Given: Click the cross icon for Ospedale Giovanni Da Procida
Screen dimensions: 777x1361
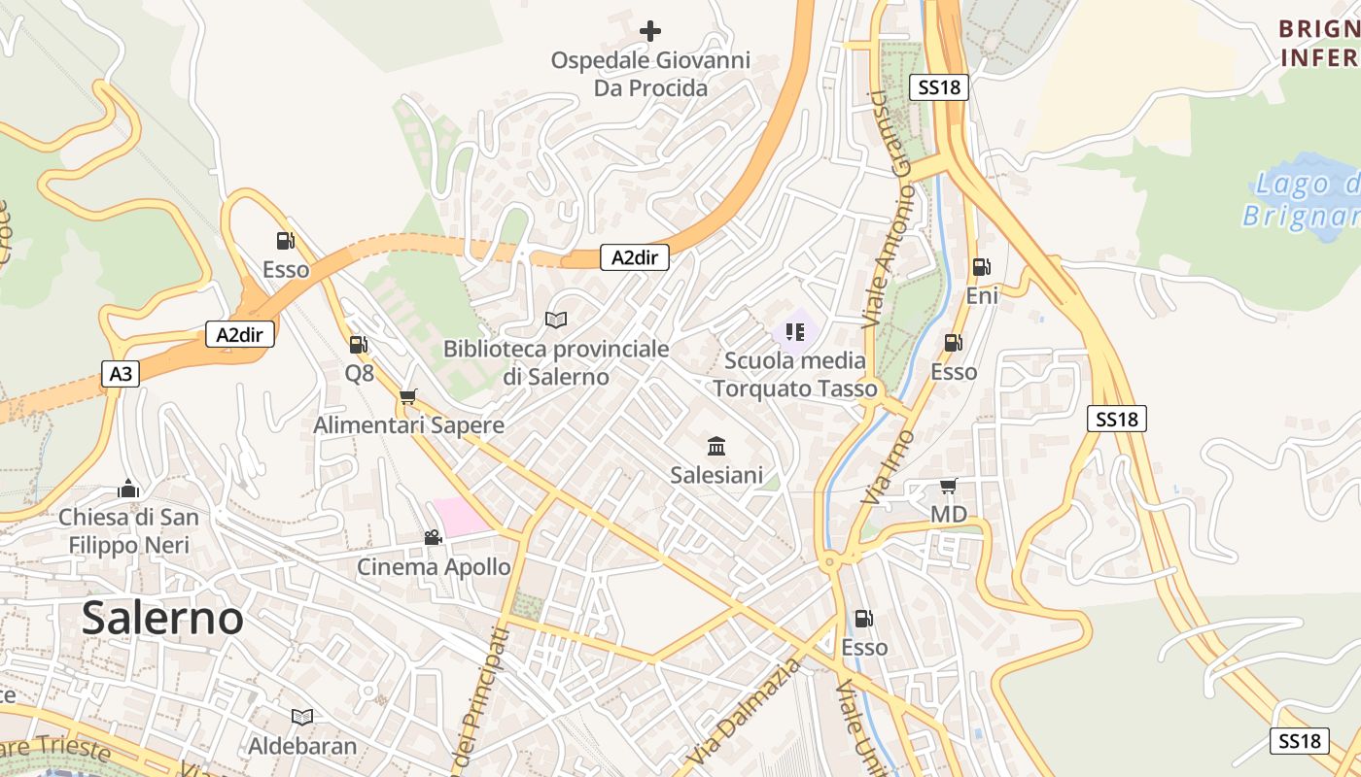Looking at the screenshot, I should (x=650, y=31).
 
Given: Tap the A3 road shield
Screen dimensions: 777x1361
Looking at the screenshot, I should (x=121, y=374).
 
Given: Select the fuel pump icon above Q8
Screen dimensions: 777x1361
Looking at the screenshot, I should (x=358, y=344).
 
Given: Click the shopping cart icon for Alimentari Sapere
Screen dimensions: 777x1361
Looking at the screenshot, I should (x=408, y=396).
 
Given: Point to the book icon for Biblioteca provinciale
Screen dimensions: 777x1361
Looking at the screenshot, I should (x=556, y=320).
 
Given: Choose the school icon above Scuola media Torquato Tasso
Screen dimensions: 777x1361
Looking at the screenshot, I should (x=795, y=332).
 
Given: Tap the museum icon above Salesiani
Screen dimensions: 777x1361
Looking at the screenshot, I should (x=716, y=446).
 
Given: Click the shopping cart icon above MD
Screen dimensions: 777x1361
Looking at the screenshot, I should (x=949, y=486).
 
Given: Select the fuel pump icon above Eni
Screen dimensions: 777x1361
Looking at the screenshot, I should (x=982, y=267).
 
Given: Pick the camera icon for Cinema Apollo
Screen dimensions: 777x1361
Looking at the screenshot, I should (x=433, y=537).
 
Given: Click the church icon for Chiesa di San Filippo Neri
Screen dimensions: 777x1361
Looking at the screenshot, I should (x=128, y=488).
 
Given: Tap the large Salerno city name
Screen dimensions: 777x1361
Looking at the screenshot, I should (x=162, y=618).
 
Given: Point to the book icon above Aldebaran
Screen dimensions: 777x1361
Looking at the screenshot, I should (x=302, y=717).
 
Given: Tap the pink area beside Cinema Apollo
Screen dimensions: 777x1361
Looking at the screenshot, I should (x=460, y=515).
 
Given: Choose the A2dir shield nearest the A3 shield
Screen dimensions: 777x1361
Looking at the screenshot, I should (x=240, y=335).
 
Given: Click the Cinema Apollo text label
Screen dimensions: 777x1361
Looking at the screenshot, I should (x=434, y=566).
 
